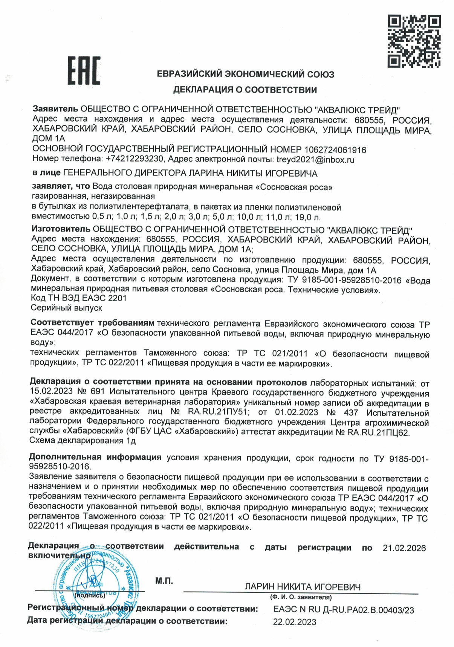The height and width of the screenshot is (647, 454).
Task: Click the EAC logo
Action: click(x=84, y=70)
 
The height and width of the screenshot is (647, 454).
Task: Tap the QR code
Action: click(x=414, y=41)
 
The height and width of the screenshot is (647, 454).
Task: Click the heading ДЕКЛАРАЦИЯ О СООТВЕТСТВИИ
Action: click(x=245, y=90)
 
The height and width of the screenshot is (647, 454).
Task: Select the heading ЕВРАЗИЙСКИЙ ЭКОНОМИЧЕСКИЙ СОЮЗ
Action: click(x=245, y=74)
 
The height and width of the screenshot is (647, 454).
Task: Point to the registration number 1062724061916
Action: click(x=335, y=150)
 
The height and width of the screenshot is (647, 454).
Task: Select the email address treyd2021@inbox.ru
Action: click(x=315, y=159)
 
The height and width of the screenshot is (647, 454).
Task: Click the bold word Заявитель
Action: click(x=55, y=109)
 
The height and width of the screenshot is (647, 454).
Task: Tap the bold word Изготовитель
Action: click(x=61, y=229)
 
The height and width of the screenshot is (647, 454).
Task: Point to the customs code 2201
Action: click(x=117, y=298)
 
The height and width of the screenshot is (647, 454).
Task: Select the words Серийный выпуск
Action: click(x=66, y=308)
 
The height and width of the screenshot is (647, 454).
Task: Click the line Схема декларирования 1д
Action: click(x=82, y=440)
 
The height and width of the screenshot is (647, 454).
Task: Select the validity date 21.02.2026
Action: click(x=404, y=548)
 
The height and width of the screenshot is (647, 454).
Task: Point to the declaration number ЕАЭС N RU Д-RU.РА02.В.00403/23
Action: click(x=343, y=610)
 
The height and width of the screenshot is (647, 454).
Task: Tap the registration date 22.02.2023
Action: click(x=295, y=622)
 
